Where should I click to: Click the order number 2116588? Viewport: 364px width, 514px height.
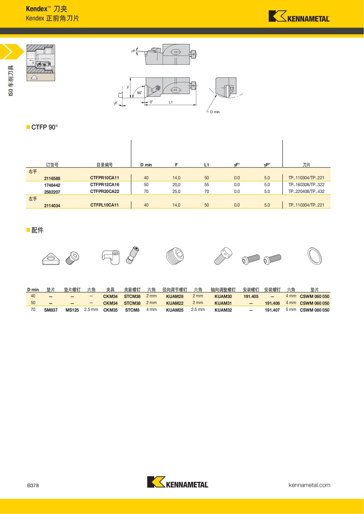click(52, 178)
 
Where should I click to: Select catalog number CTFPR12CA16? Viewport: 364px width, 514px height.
click(105, 184)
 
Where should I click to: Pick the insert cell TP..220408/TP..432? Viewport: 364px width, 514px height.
click(306, 191)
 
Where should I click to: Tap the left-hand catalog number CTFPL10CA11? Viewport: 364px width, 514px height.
click(104, 205)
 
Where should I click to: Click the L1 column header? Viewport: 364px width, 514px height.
click(207, 165)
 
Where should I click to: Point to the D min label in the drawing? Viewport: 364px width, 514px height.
click(215, 112)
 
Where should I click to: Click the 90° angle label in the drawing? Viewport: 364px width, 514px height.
click(139, 93)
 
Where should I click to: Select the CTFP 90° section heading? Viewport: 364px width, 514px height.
click(44, 127)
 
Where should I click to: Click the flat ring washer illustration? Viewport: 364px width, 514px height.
click(315, 256)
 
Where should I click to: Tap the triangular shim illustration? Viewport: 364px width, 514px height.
click(51, 259)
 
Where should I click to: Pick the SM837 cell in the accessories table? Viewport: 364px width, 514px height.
click(51, 310)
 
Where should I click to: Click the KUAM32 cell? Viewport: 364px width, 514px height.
click(223, 310)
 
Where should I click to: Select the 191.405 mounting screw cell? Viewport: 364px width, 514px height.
click(251, 297)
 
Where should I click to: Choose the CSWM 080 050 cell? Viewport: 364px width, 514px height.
click(315, 310)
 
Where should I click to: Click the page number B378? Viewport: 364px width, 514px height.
click(33, 485)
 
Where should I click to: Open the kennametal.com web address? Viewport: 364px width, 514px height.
click(309, 485)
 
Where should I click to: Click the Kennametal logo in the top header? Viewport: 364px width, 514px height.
click(299, 17)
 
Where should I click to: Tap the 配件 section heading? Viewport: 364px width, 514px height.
click(37, 230)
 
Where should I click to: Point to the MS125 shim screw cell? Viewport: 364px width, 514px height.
click(72, 310)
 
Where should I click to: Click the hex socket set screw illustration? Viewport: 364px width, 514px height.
click(175, 256)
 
